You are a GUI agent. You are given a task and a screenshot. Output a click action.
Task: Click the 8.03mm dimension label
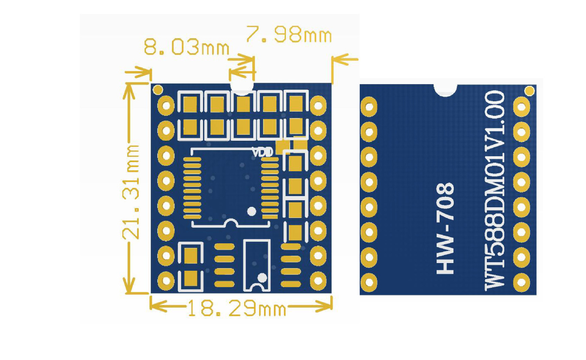[x=187, y=47]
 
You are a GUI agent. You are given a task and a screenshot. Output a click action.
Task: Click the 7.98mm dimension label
[x=289, y=34]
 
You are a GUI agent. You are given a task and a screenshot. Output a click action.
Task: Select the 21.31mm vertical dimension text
[x=131, y=192]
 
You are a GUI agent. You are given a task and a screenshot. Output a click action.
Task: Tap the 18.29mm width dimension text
[x=237, y=308]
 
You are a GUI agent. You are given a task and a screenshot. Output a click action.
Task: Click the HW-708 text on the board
[x=445, y=228]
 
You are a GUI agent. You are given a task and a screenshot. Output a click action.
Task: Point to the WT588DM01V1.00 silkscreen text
[x=495, y=191]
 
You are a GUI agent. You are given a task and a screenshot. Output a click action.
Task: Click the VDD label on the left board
[x=263, y=152]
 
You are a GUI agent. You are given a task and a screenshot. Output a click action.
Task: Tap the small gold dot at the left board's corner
[x=158, y=90]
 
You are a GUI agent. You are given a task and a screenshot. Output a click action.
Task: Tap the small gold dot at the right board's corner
[x=530, y=91]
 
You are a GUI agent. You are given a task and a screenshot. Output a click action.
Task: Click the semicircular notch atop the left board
[x=242, y=89]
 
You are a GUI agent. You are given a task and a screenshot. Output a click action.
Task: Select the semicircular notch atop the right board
[x=445, y=90]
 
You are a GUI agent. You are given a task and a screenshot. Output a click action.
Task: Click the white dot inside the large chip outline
[x=252, y=211]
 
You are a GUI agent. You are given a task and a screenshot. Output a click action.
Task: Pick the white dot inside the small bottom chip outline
[x=262, y=278]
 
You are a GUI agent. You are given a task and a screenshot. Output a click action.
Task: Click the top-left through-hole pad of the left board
[x=166, y=106]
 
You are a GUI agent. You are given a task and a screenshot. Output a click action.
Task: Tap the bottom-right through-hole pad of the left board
[x=318, y=281]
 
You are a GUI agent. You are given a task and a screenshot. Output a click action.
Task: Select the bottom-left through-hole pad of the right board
[x=369, y=282]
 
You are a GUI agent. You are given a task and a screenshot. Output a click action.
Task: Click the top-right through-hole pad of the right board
[x=522, y=107]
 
